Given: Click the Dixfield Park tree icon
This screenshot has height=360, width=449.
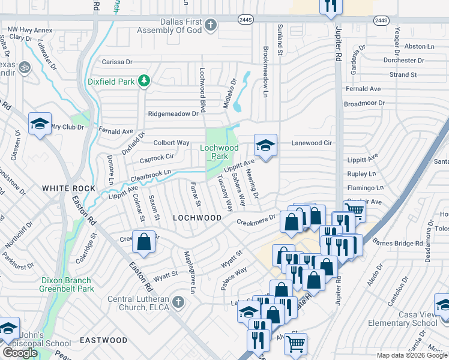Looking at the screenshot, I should [x=143, y=80].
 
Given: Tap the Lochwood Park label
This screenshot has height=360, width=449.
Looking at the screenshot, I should [x=219, y=152].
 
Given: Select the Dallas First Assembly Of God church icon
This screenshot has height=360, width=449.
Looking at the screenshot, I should [x=209, y=25].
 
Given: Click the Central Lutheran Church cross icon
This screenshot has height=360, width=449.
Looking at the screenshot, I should [x=177, y=301].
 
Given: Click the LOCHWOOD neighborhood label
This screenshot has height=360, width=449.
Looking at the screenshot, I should [x=197, y=218].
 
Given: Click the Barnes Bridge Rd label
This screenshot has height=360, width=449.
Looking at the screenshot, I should [x=397, y=243].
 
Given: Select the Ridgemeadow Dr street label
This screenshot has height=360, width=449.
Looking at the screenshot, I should [x=173, y=113].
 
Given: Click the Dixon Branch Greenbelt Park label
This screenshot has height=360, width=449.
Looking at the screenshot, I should [x=67, y=284].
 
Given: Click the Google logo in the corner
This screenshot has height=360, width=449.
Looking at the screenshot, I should [x=20, y=353].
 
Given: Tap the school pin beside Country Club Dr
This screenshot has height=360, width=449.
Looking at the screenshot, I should [x=40, y=124].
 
